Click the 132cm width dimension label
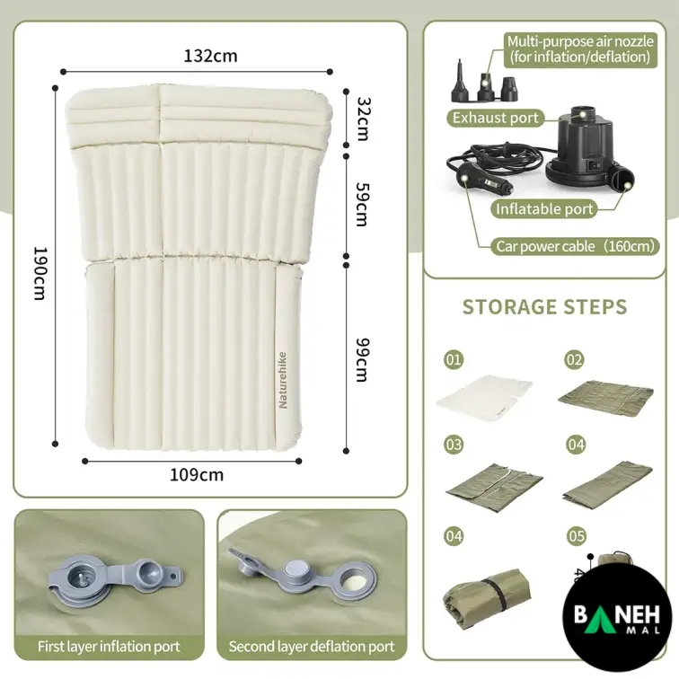pyautogui.click(x=210, y=56)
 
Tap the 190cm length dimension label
pyautogui.click(x=40, y=273)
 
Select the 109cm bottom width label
pyautogui.click(x=197, y=475)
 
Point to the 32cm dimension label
pyautogui.click(x=363, y=119)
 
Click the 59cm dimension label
pyautogui.click(x=362, y=204)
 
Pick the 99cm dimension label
pyautogui.click(x=362, y=360)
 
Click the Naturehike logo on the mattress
pyautogui.click(x=282, y=380)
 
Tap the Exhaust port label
pyautogui.click(x=496, y=118)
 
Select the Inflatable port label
pyautogui.click(x=544, y=209)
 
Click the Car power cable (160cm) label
pyautogui.click(x=575, y=246)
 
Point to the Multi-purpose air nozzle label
pyautogui.click(x=580, y=49)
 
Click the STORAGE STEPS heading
pyautogui.click(x=545, y=306)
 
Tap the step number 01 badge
pyautogui.click(x=454, y=359)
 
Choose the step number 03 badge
pyautogui.click(x=454, y=445)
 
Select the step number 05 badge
pyautogui.click(x=577, y=536)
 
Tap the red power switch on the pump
pyautogui.click(x=596, y=165)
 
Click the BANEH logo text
pyautogui.click(x=617, y=613)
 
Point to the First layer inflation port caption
pyautogui.click(x=109, y=647)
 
